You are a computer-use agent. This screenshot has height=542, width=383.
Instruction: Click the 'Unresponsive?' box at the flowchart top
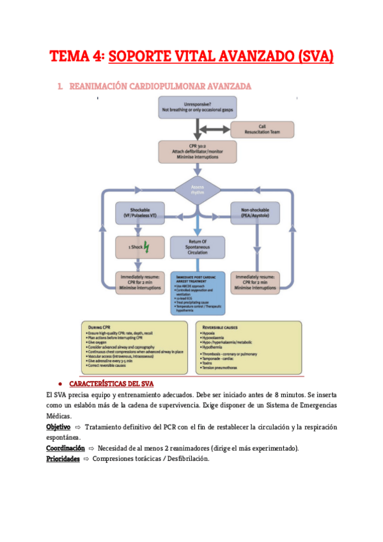point(197,107)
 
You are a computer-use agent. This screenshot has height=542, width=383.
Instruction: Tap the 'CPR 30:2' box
point(197,152)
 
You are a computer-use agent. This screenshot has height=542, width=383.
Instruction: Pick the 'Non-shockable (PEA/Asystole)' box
point(256,213)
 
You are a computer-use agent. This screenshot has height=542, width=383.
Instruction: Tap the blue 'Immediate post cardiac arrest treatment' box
point(197,292)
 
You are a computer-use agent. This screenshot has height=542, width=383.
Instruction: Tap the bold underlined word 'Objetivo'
point(58,426)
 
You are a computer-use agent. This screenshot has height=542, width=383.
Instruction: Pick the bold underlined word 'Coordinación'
point(66,448)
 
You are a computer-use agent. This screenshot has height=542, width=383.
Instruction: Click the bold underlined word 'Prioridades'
point(63,459)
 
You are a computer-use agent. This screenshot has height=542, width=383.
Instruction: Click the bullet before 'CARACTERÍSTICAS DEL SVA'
point(59,384)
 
